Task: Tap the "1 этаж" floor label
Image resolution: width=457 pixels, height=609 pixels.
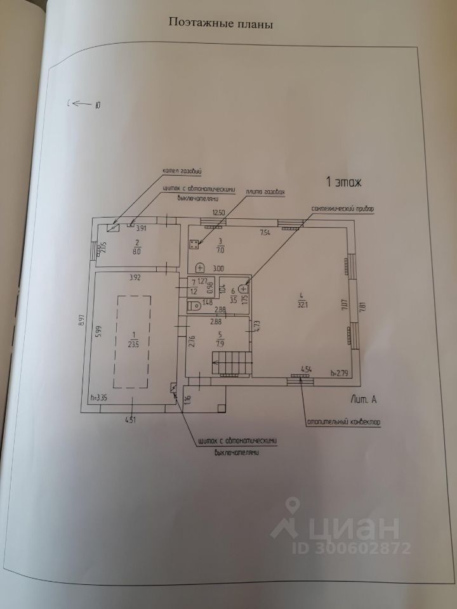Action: [343, 183]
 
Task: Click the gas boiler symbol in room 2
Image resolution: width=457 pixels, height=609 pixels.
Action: [114, 226]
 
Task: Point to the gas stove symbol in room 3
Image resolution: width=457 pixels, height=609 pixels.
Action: [194, 242]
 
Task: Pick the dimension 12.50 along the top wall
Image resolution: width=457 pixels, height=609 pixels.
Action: [219, 213]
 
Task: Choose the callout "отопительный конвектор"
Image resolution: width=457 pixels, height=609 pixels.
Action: [345, 421]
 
